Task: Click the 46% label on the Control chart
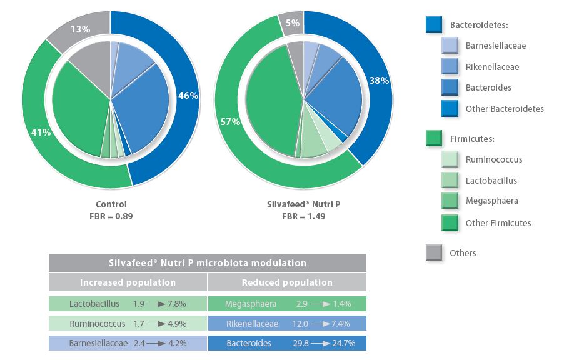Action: [188, 96]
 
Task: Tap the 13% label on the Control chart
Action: [81, 29]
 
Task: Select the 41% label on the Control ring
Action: [41, 132]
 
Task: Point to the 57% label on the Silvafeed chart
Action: [230, 122]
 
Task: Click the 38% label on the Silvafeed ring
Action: [379, 81]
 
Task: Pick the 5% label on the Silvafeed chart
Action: [293, 24]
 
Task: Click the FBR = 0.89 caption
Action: [111, 216]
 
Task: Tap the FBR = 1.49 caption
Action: [304, 216]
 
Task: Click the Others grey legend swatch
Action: [434, 252]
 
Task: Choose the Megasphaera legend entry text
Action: [491, 201]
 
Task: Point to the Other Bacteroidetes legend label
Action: [505, 109]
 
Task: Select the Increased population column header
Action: [128, 282]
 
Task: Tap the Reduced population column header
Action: [287, 282]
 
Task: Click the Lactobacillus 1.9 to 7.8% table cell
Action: [128, 304]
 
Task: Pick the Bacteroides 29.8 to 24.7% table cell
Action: [287, 343]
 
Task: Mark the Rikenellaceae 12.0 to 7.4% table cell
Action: [287, 324]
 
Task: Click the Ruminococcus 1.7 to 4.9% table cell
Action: [128, 324]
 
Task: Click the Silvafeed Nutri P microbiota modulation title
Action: [207, 263]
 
